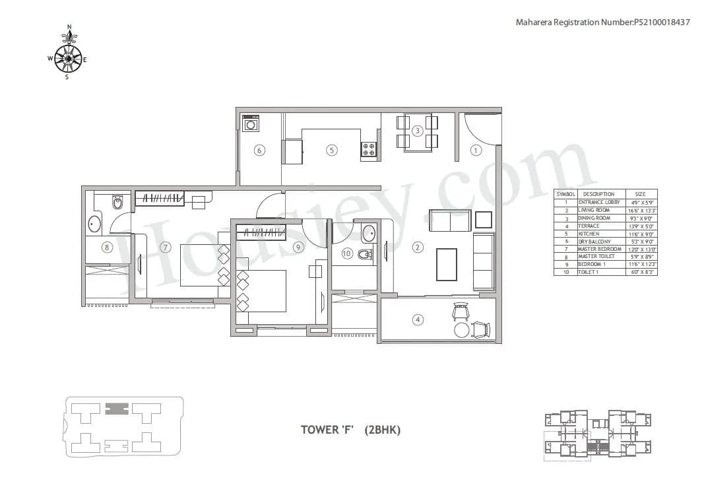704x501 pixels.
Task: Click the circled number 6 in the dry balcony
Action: [259, 150]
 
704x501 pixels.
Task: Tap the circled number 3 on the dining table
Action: [417, 131]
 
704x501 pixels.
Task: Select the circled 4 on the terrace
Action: [418, 320]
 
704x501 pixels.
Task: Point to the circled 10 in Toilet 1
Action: [347, 253]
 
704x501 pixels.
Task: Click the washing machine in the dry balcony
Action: [251, 123]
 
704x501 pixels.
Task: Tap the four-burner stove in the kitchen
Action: [369, 149]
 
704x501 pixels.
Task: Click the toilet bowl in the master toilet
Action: [117, 202]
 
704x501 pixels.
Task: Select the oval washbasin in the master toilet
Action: [93, 224]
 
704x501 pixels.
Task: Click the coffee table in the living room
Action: [447, 263]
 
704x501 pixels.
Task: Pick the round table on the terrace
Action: [463, 329]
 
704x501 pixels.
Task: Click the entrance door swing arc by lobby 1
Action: [482, 129]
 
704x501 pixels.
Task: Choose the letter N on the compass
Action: [69, 28]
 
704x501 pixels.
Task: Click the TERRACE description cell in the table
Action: [589, 226]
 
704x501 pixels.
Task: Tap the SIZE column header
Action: [640, 194]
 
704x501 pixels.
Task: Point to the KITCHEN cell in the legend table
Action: [589, 234]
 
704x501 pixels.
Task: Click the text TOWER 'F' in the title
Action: [327, 430]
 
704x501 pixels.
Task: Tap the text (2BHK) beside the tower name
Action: [382, 430]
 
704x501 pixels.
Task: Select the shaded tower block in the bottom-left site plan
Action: [117, 408]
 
